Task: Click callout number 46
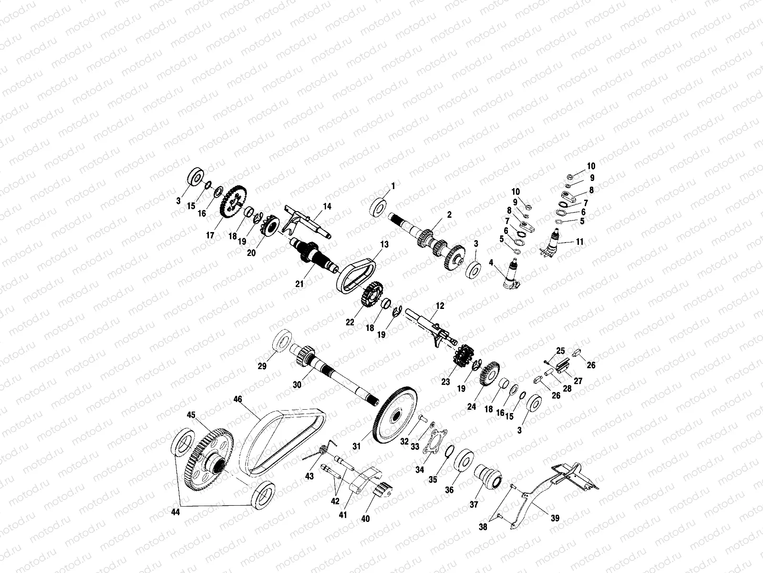pos(238,399)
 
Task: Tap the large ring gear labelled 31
pos(395,415)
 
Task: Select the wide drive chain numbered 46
pos(282,443)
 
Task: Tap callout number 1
pos(393,186)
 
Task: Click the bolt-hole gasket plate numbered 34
pos(434,442)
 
